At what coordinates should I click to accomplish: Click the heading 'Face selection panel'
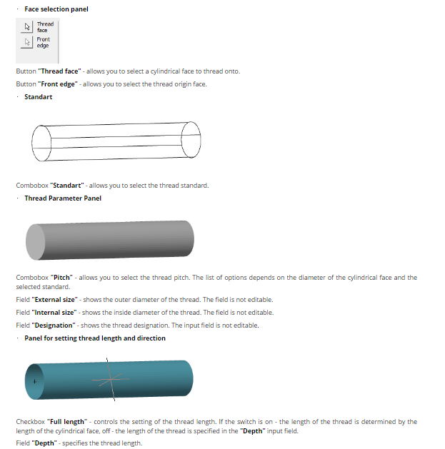(x=56, y=9)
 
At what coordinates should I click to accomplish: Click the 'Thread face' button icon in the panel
(x=26, y=26)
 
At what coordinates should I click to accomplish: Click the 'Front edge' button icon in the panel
(x=26, y=42)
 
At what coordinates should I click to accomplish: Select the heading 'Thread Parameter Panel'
(x=63, y=198)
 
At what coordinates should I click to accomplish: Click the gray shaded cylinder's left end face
(x=34, y=243)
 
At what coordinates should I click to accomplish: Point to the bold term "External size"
(x=56, y=300)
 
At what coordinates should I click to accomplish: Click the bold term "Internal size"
(x=56, y=313)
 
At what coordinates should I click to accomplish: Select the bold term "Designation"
(x=55, y=326)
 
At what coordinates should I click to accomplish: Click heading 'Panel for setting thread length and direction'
(x=94, y=338)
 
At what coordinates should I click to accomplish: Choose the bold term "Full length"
(x=68, y=422)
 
